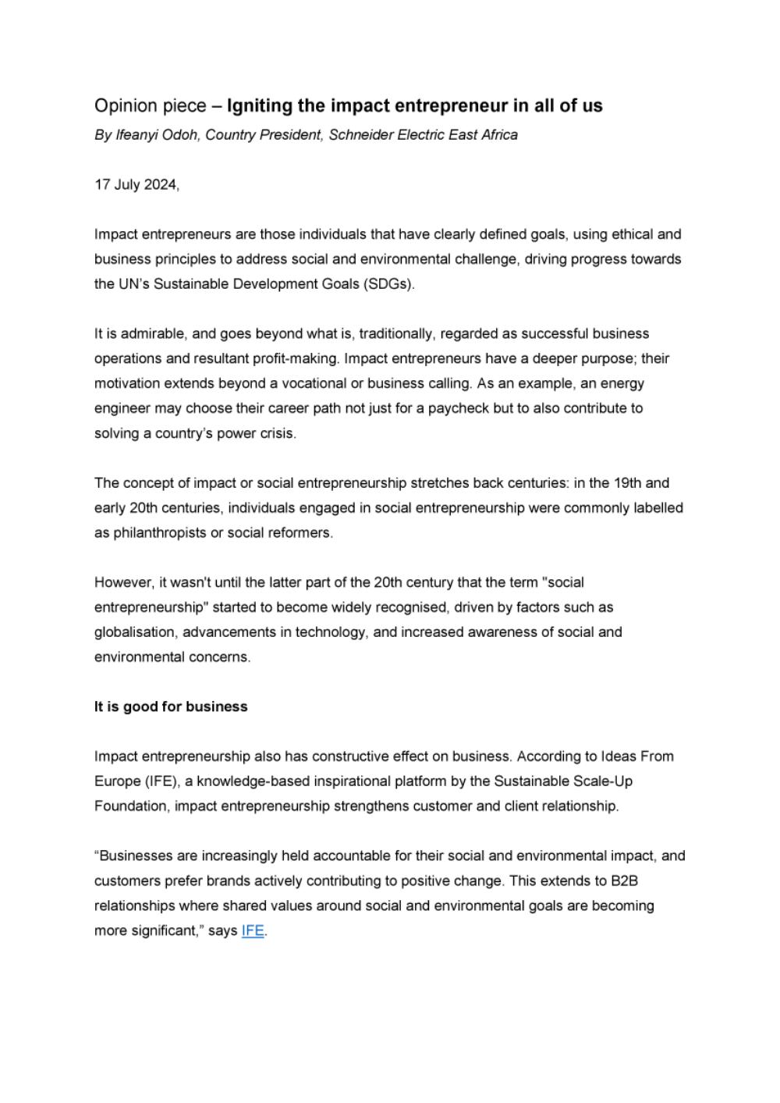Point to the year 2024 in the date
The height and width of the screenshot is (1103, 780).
pos(161,185)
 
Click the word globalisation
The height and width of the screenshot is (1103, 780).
pos(135,632)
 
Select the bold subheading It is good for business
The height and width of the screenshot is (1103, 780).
pos(171,706)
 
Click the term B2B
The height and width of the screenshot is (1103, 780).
pos(624,881)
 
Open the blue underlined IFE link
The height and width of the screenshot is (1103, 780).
pos(253,931)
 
